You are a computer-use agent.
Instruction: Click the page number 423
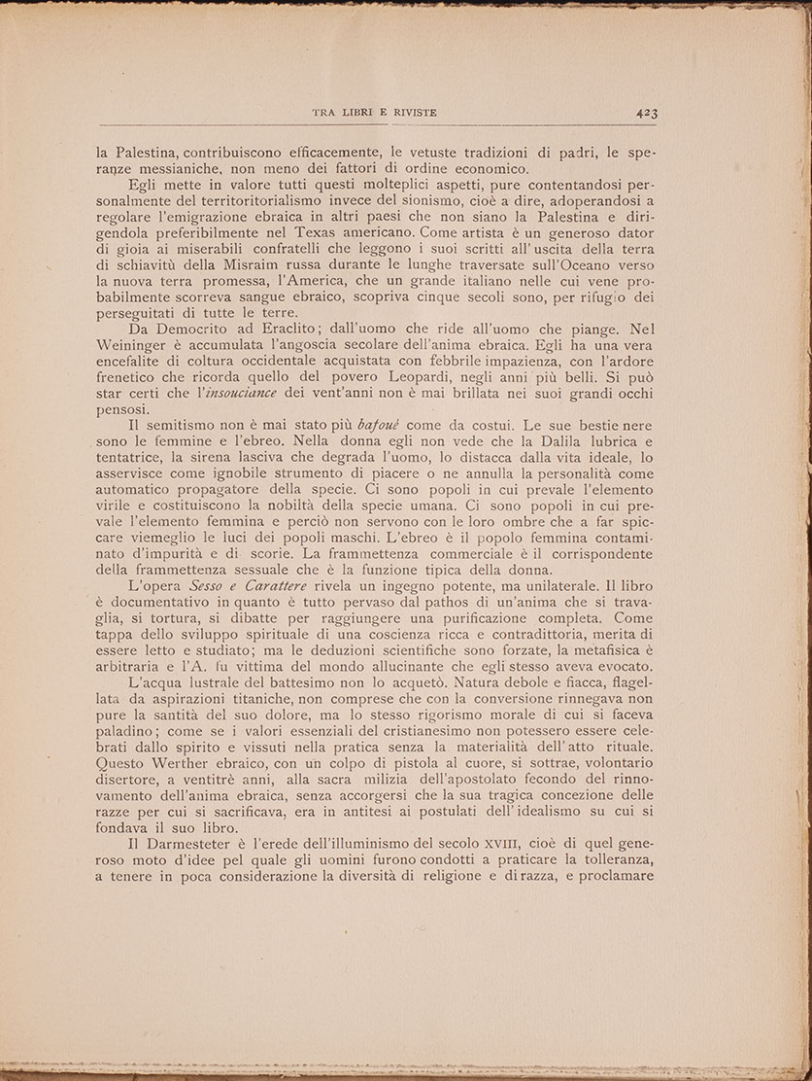[647, 113]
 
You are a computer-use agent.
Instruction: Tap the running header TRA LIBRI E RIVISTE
[374, 113]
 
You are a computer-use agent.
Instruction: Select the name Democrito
[214, 331]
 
